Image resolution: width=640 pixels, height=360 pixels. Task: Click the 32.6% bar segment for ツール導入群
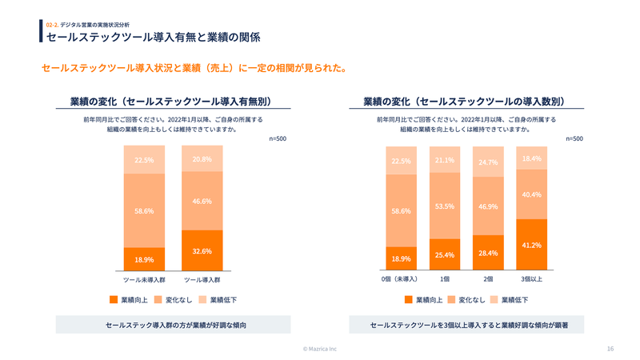(202, 250)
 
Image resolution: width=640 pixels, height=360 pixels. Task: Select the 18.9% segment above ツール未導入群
(144, 259)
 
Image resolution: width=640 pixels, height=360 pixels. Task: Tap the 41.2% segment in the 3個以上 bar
(531, 245)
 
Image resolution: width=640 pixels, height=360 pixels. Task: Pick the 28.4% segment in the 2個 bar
(488, 253)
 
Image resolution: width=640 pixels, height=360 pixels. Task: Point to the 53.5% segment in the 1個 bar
(445, 206)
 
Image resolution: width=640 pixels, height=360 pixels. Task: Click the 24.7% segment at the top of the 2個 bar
(488, 162)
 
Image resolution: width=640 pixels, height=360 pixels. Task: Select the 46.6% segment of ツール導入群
(202, 201)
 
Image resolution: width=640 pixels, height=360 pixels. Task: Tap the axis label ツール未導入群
(144, 280)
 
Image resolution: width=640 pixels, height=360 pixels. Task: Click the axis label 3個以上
(531, 279)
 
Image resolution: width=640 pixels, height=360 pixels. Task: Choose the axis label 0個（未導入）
(401, 279)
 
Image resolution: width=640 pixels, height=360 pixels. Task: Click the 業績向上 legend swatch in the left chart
(114, 300)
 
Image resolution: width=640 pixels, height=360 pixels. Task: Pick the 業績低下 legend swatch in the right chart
(494, 300)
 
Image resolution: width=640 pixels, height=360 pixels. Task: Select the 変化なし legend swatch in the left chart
(158, 300)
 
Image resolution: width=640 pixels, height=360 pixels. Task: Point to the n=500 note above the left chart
(278, 138)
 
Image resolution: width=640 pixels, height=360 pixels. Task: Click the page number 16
(610, 349)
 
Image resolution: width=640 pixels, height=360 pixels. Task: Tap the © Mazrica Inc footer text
(320, 349)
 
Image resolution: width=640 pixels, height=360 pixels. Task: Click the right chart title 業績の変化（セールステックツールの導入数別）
(464, 102)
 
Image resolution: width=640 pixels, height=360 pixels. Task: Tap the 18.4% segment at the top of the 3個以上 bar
(531, 158)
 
